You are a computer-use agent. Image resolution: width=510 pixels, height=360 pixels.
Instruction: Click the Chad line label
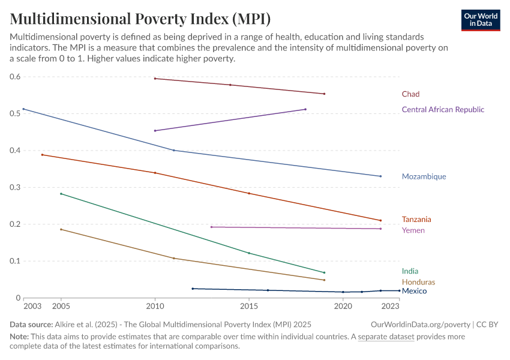coord(410,94)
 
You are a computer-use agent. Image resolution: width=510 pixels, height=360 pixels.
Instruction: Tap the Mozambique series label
coord(424,177)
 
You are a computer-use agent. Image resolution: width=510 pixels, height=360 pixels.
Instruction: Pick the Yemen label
coord(413,230)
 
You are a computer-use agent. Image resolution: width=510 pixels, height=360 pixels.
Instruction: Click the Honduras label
coord(418,282)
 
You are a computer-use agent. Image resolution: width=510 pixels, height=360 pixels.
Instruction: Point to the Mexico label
coord(414,291)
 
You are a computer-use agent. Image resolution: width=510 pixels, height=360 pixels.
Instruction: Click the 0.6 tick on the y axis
coord(15,77)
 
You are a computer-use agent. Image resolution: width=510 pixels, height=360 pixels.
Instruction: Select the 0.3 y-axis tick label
coord(15,187)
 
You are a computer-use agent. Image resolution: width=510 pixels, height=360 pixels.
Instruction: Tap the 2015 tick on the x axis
coord(249,306)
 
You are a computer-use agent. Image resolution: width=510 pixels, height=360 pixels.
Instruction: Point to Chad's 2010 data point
coord(155,79)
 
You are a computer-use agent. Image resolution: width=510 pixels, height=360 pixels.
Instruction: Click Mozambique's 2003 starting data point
coord(23,109)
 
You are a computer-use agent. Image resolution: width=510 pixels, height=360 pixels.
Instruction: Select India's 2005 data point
coord(61,194)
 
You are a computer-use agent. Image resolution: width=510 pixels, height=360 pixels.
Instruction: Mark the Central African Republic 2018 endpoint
coord(305,109)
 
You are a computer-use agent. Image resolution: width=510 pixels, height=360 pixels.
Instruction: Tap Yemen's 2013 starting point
coord(211,227)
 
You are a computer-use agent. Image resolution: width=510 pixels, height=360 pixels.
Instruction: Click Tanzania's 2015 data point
coord(249,193)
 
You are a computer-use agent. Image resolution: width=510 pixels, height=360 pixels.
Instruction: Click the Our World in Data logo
coord(480,20)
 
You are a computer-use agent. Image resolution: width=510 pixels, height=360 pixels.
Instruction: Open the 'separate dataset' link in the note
coord(386,337)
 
